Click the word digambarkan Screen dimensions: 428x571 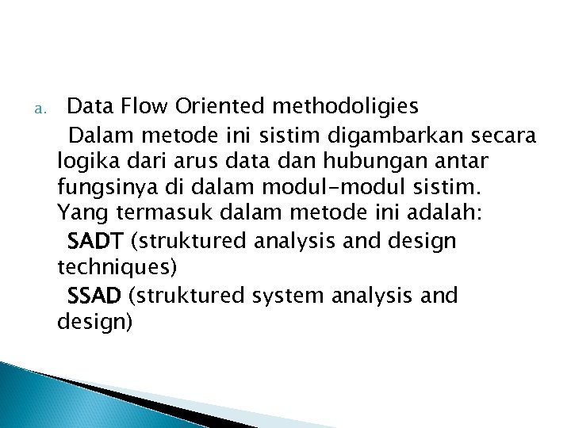(x=395, y=132)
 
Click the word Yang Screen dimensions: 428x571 (x=78, y=214)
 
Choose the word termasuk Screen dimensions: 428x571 (x=155, y=214)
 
